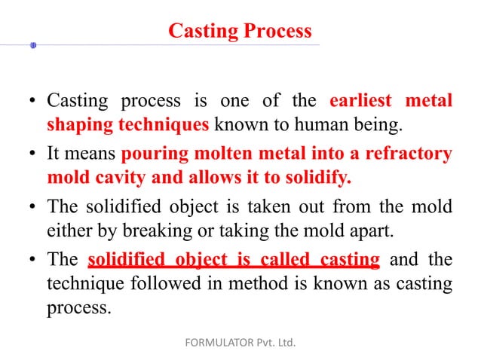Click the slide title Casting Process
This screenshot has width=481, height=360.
tap(240, 31)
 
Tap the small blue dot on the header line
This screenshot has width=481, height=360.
tap(32, 46)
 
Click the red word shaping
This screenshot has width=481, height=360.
tap(75, 124)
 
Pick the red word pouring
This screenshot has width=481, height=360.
tap(154, 155)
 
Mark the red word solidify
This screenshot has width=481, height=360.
tap(316, 178)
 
